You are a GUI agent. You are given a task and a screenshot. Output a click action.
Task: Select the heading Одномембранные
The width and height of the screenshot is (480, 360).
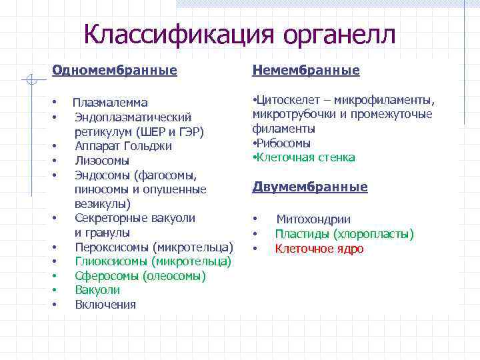(115, 70)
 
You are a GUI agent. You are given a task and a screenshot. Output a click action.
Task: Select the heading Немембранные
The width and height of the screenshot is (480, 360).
(306, 70)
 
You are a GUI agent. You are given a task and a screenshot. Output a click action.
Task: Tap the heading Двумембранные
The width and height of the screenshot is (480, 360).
(310, 187)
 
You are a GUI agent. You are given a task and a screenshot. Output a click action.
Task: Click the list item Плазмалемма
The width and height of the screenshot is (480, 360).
(110, 103)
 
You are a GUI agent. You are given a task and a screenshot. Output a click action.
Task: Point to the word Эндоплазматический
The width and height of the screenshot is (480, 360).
(133, 117)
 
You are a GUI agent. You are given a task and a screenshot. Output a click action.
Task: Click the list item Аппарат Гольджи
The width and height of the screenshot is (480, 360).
(123, 146)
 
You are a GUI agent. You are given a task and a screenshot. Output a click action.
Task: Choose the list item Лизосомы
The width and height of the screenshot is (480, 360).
(102, 161)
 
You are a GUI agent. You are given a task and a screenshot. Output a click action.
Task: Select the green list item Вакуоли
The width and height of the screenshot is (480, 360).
(97, 290)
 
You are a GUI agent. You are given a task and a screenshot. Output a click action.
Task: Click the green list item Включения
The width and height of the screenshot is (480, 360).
(105, 305)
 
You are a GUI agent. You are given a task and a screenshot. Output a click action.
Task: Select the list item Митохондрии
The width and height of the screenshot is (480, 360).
(313, 219)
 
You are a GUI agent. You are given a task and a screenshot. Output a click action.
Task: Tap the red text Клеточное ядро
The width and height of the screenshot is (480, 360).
(319, 249)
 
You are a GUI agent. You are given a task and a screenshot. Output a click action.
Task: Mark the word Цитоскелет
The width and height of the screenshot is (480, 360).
(285, 101)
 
